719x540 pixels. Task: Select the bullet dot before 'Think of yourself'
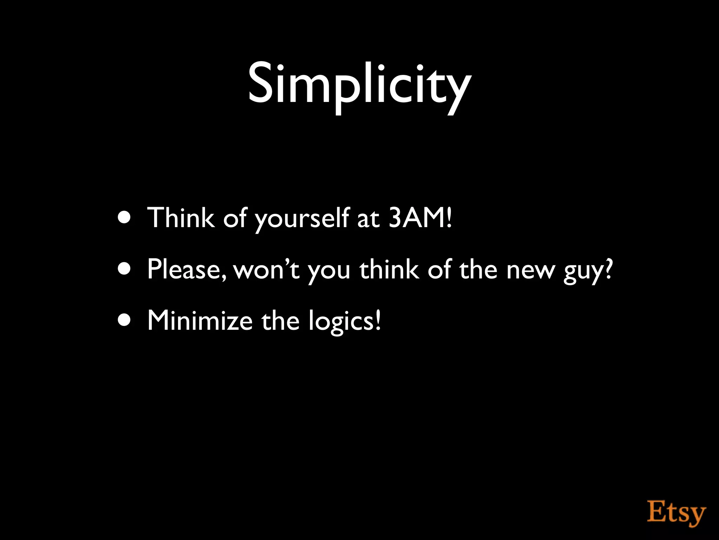pos(125,218)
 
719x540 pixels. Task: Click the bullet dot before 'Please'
pos(125,269)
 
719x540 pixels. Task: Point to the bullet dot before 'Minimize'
pos(125,321)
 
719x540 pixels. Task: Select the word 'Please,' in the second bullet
pos(186,269)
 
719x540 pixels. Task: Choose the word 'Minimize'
pos(200,321)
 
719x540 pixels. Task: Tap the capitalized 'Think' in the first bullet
pos(181,218)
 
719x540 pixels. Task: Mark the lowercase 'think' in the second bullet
pos(389,269)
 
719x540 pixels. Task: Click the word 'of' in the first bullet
pos(235,218)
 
